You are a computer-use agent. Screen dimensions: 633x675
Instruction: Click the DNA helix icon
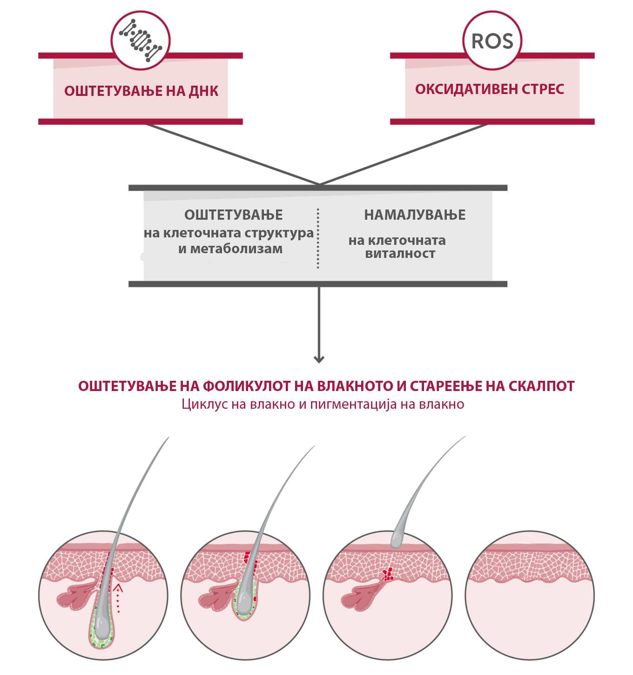[x=140, y=40]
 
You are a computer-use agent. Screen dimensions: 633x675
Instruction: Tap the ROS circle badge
[x=492, y=40]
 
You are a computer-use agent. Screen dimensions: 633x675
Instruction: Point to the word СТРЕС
[x=543, y=89]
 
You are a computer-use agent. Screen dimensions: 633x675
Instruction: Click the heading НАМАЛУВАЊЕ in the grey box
[x=415, y=215]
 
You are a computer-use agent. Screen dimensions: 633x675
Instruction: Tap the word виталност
[x=400, y=254]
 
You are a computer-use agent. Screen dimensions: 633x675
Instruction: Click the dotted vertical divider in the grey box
[x=318, y=238]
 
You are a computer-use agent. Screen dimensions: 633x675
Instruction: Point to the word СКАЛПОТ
[x=542, y=386]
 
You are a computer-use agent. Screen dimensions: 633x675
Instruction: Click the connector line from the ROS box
[x=404, y=155]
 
